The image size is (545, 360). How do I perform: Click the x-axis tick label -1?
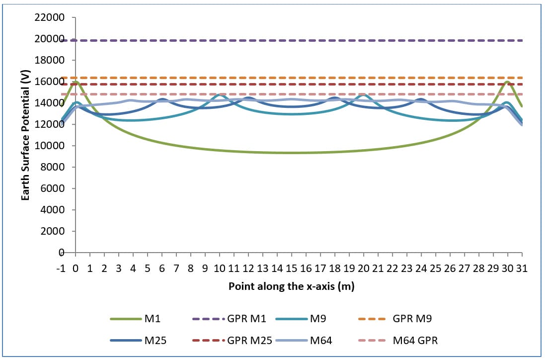(x=61, y=269)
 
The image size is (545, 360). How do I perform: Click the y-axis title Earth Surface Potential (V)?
(x=24, y=135)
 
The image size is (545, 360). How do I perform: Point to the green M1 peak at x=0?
(x=76, y=82)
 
